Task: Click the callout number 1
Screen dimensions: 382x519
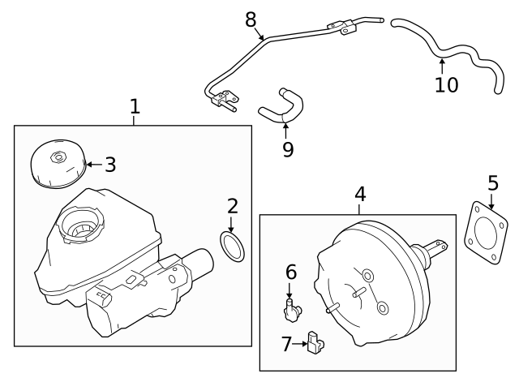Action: (135, 106)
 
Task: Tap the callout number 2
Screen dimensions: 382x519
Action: (232, 206)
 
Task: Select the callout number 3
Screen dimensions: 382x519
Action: (110, 165)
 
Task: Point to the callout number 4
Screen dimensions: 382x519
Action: (360, 194)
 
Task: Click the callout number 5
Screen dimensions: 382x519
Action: (492, 184)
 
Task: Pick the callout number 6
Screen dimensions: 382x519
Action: (290, 273)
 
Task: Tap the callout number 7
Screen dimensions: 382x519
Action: (285, 345)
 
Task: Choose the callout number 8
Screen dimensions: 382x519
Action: (251, 19)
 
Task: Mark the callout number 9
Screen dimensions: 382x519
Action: (288, 149)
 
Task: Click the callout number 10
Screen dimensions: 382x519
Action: (446, 84)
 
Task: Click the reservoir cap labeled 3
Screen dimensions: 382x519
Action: (57, 165)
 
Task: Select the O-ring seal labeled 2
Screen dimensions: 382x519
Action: (232, 247)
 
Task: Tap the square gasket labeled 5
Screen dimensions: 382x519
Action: (485, 236)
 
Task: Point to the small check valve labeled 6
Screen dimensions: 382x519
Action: (292, 308)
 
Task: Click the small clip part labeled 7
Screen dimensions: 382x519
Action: (315, 345)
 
